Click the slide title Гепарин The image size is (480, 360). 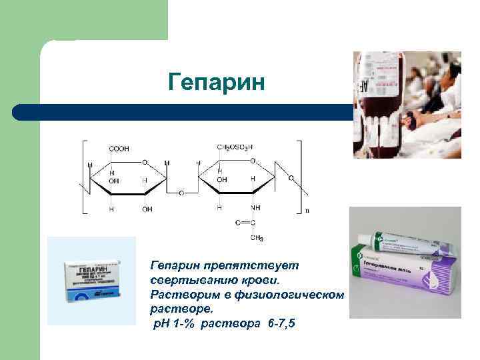click(x=217, y=83)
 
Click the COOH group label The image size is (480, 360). click(x=121, y=148)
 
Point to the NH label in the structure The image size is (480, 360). click(x=256, y=208)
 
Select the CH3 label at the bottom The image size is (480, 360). click(x=256, y=238)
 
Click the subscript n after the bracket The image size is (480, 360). click(x=307, y=210)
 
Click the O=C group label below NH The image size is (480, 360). click(x=246, y=223)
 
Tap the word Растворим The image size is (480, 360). click(x=182, y=295)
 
